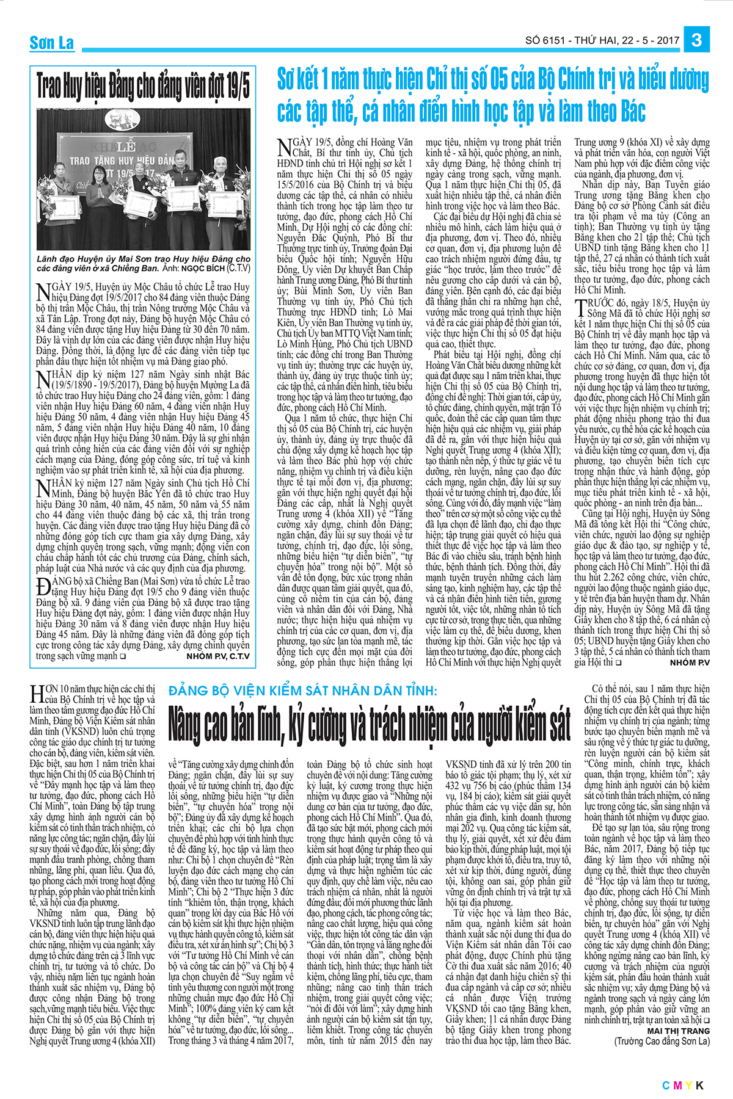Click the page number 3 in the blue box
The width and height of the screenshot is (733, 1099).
point(696,40)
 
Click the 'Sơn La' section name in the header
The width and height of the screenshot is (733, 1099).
point(52,43)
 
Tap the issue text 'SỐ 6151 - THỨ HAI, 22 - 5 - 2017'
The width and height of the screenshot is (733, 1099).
point(602,41)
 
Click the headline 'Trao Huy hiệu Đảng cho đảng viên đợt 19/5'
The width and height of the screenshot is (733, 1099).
point(143,86)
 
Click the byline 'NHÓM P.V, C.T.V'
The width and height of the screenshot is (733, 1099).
point(218,656)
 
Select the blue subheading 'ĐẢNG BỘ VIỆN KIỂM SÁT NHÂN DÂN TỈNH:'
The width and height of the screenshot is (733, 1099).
point(303,691)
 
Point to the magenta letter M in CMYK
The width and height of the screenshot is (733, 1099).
point(677,1085)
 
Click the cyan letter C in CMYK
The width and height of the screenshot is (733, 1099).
point(666,1085)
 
